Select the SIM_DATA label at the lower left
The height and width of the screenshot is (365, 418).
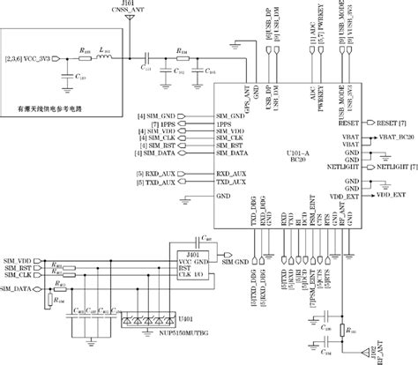(x=18, y=287)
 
